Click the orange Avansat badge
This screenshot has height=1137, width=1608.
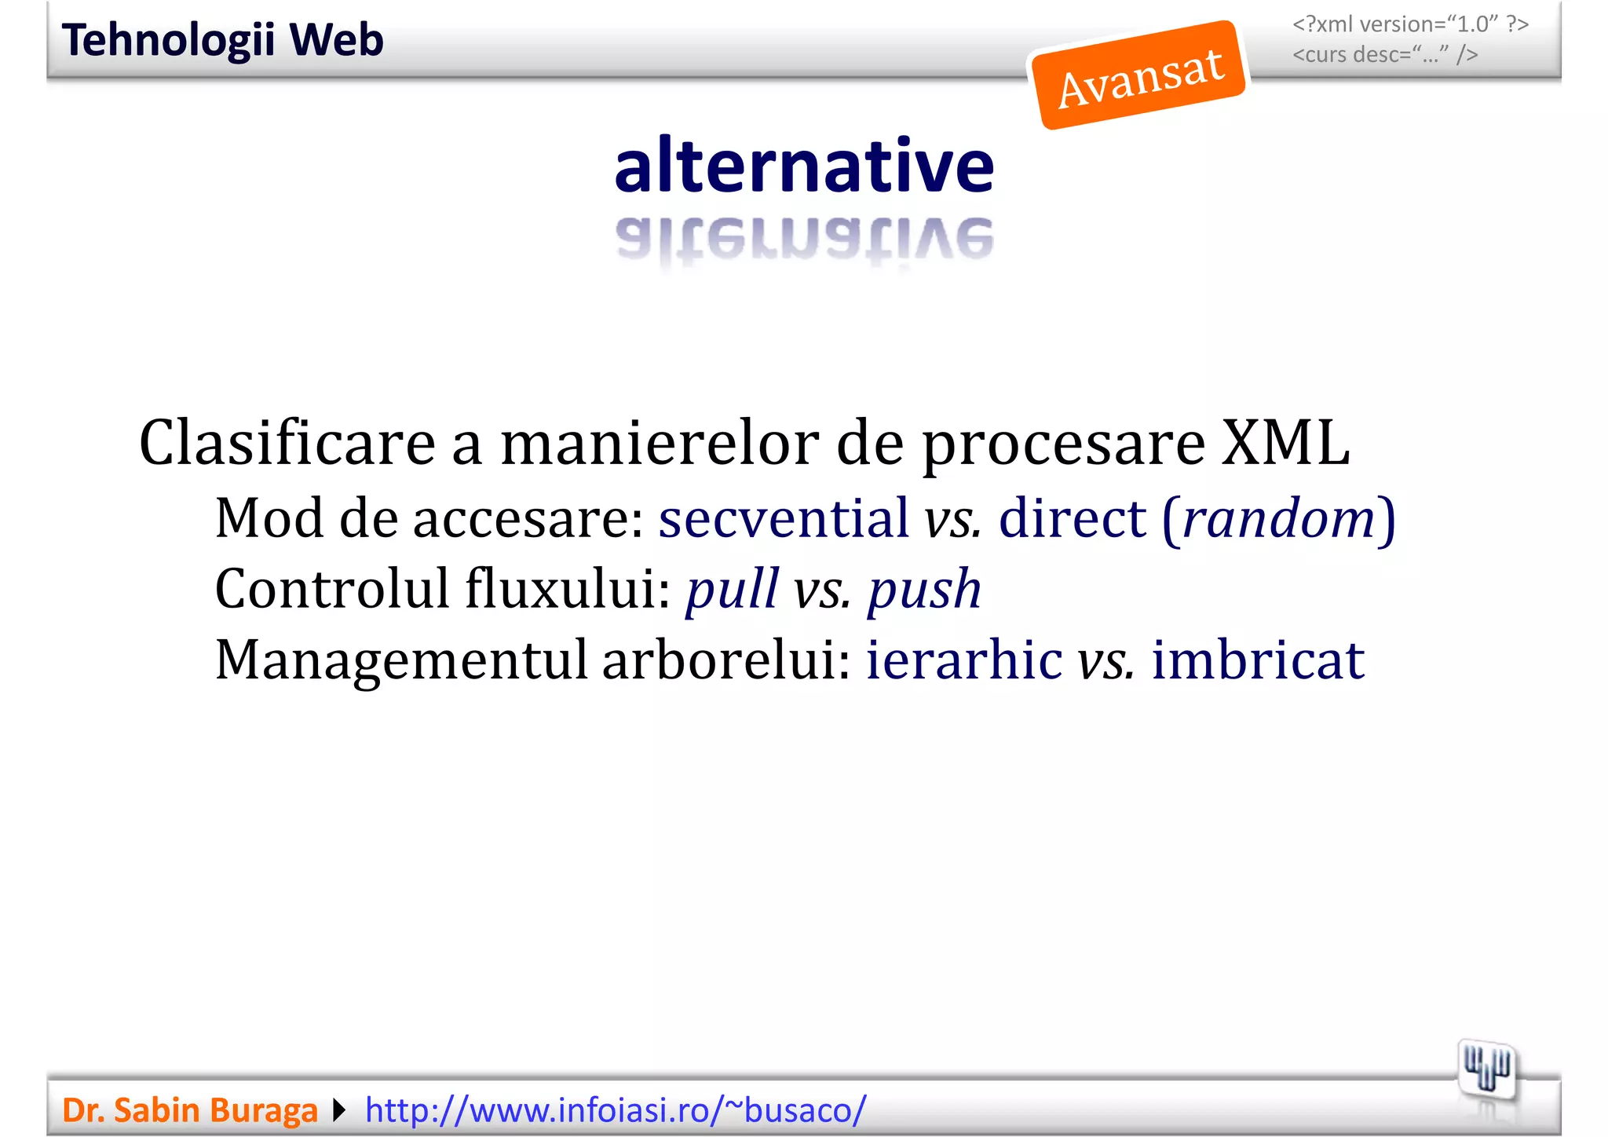pos(1139,76)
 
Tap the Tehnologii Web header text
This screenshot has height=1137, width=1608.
pos(223,40)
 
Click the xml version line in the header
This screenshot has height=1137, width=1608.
pos(1410,24)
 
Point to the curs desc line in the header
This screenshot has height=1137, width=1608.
pos(1385,55)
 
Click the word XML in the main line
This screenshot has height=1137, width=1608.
pos(1285,443)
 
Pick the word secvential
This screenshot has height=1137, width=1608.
pos(783,518)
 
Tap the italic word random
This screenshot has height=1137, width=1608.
pos(1278,518)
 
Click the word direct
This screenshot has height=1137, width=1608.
pos(1073,518)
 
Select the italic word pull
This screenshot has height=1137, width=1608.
pos(732,590)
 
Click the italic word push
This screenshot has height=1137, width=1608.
pos(924,590)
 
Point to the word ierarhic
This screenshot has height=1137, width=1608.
pos(964,660)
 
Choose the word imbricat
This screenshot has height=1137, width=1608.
pos(1258,660)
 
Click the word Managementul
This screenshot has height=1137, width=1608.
pos(401,660)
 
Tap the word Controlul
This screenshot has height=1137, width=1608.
pos(331,589)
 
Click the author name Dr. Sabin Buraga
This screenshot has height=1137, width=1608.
pos(190,1110)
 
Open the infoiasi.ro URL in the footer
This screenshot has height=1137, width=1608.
pos(616,1110)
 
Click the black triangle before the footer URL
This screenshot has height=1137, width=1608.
pos(339,1110)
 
